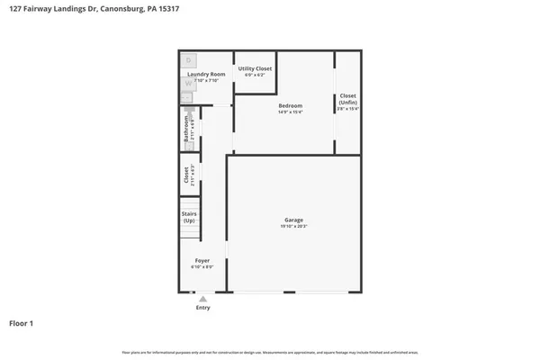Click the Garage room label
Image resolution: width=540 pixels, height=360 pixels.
tap(293, 220)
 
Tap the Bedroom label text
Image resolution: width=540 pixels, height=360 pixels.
tap(290, 105)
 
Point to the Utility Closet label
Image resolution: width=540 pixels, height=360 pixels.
tap(255, 68)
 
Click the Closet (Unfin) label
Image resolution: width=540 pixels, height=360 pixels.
tap(347, 99)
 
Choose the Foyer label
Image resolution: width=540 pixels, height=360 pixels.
tap(202, 260)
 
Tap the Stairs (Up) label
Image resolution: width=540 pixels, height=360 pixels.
tap(189, 217)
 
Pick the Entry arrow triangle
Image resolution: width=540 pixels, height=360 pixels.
tap(202, 299)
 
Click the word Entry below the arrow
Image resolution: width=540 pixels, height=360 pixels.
tap(202, 308)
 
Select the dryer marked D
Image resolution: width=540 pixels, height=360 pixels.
tap(189, 61)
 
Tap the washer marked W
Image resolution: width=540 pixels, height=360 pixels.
tap(188, 83)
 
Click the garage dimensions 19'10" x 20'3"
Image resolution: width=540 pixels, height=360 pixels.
tap(293, 227)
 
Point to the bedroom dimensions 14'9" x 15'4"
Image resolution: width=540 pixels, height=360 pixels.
tap(290, 112)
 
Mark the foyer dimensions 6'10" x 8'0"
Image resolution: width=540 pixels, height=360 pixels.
tap(202, 267)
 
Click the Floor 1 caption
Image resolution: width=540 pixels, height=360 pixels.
tap(22, 322)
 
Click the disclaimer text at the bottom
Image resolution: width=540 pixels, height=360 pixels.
tap(269, 351)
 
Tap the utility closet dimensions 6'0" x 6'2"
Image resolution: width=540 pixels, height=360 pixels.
tap(255, 75)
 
